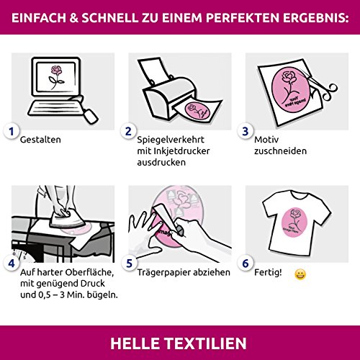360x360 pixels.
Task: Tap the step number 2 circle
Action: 128,131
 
